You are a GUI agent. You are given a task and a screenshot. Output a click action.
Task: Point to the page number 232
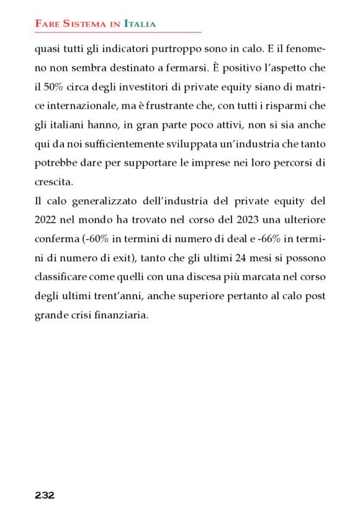click(45, 495)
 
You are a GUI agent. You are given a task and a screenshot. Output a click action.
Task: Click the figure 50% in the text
click(52, 86)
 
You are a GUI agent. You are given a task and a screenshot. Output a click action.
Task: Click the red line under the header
click(118, 32)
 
